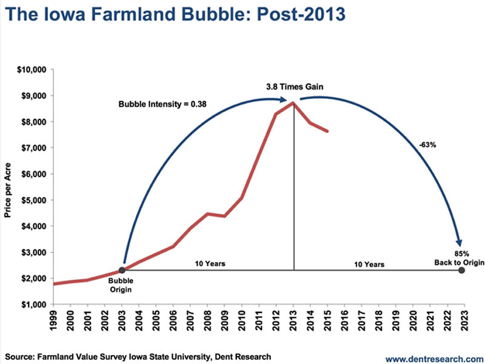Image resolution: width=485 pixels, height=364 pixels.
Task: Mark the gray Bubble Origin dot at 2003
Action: [x=122, y=270]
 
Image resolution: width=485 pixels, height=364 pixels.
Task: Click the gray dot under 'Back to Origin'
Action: [x=462, y=270]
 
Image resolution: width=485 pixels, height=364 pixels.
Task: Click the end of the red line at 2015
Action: [x=328, y=131]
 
